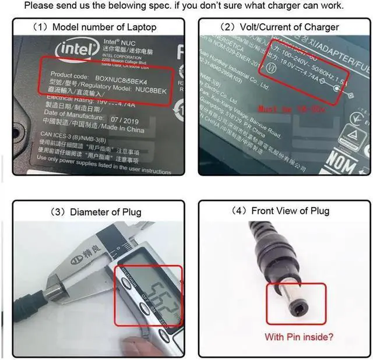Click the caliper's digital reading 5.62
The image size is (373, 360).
click(153, 294)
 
